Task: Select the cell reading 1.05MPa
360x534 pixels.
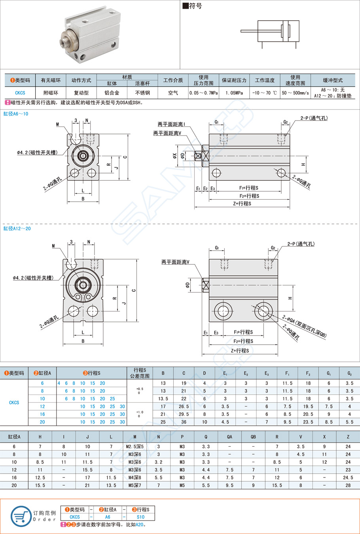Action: pyautogui.click(x=234, y=93)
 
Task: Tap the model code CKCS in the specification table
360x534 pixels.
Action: pyautogui.click(x=20, y=93)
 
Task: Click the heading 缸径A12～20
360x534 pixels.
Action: pyautogui.click(x=17, y=228)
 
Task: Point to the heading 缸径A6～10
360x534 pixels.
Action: pyautogui.click(x=16, y=114)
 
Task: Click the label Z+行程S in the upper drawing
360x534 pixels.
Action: pyautogui.click(x=242, y=204)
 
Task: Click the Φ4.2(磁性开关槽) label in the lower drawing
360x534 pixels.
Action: pyautogui.click(x=33, y=278)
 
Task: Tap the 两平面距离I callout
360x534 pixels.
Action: pyautogui.click(x=171, y=125)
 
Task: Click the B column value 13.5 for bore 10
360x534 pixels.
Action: pyautogui.click(x=163, y=399)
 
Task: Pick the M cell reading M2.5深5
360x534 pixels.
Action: pyautogui.click(x=135, y=447)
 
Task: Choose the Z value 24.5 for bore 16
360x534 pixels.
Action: pyautogui.click(x=348, y=477)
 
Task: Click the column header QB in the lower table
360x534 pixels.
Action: pyautogui.click(x=253, y=437)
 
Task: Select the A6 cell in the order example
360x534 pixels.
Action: pyautogui.click(x=108, y=517)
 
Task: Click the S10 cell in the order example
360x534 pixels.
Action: pyautogui.click(x=140, y=517)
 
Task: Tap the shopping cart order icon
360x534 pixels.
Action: pyautogui.click(x=21, y=516)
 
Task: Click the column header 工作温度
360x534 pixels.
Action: pyautogui.click(x=265, y=80)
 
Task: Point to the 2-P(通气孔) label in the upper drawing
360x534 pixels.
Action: pyautogui.click(x=314, y=118)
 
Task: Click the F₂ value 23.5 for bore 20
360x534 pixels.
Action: pyautogui.click(x=308, y=422)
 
